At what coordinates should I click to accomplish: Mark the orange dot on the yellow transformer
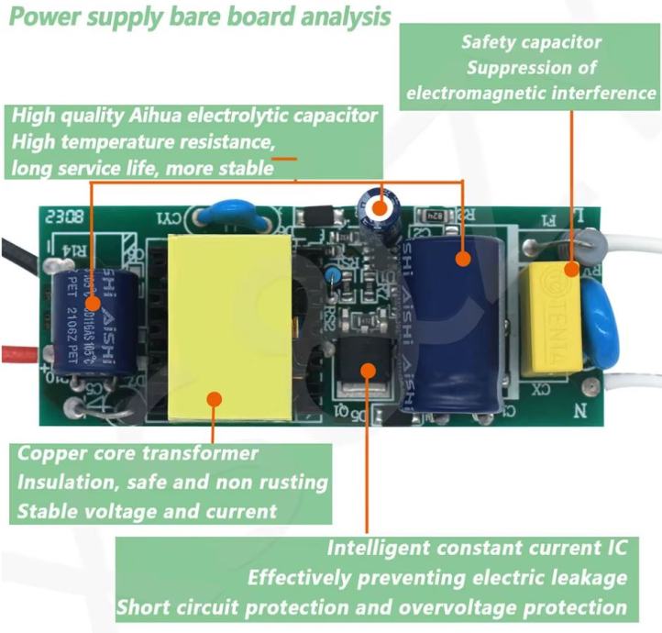point(215,398)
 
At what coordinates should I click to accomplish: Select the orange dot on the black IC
point(367,370)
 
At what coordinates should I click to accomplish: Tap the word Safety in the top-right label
point(492,42)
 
